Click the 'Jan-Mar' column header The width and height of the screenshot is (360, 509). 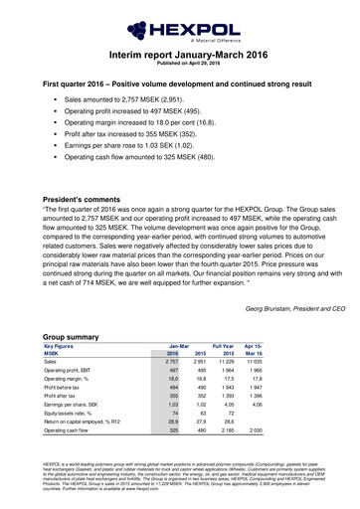[x=176, y=346]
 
